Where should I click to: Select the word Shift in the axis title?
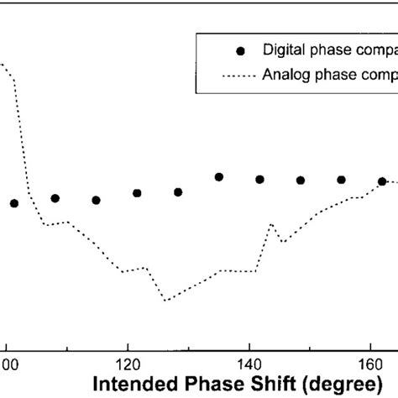(254, 387)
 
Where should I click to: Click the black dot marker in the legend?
(241, 51)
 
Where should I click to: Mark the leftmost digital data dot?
(14, 203)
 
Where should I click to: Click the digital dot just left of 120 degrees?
(96, 200)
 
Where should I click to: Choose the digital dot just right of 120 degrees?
(137, 193)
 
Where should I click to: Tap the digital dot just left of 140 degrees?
(219, 176)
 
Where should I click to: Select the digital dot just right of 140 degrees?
(260, 179)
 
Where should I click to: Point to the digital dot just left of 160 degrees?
(342, 180)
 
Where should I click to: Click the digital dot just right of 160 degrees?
(382, 181)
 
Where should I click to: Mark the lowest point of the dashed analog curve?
(165, 300)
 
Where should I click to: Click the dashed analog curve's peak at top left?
(4, 65)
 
